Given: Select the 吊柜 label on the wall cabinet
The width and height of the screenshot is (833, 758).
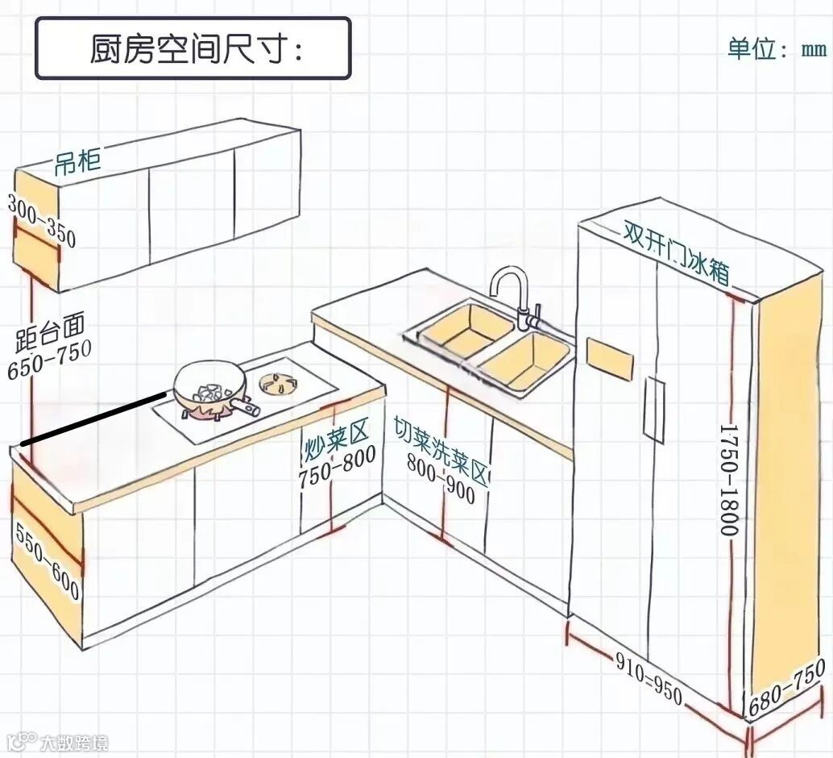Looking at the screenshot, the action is [x=77, y=162].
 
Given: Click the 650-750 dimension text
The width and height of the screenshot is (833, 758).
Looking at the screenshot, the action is [x=49, y=360].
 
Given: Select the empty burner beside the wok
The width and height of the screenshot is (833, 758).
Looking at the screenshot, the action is [x=278, y=383].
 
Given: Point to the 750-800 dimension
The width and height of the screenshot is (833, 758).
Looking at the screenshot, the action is [x=337, y=467].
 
